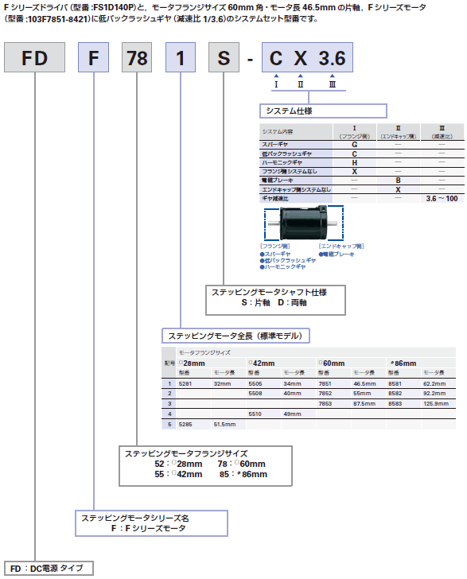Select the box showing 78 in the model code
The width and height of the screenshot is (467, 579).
pyautogui.click(x=138, y=60)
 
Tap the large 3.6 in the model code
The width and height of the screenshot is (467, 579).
pyautogui.click(x=333, y=60)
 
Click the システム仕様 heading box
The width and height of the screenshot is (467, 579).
pyautogui.click(x=323, y=111)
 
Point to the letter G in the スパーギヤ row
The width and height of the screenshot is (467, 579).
pyautogui.click(x=354, y=144)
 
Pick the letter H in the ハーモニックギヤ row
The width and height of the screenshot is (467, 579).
pyautogui.click(x=354, y=162)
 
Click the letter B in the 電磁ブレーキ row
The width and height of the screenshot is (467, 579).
pyautogui.click(x=398, y=181)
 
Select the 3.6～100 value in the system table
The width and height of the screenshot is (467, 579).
pyautogui.click(x=442, y=198)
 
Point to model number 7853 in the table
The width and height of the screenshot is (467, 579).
pyautogui.click(x=326, y=403)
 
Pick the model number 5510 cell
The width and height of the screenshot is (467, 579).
pyautogui.click(x=256, y=414)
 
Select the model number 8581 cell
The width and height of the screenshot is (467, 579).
pyautogui.click(x=395, y=383)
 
